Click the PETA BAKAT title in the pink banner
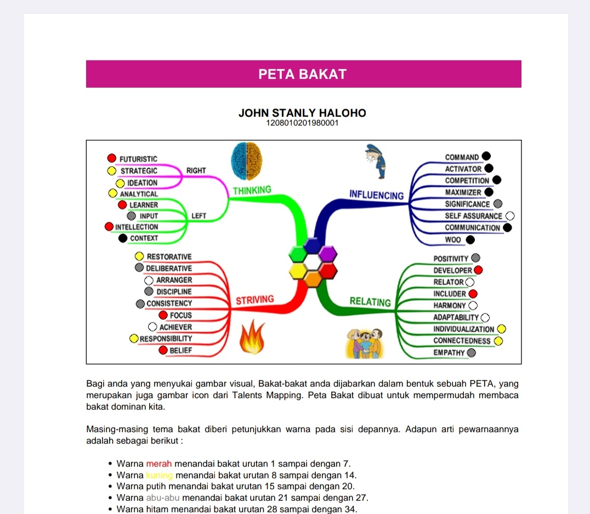pyautogui.click(x=303, y=74)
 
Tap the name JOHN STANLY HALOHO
pyautogui.click(x=302, y=113)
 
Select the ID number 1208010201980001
pyautogui.click(x=302, y=123)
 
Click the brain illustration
pyautogui.click(x=246, y=160)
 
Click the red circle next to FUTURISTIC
pyautogui.click(x=112, y=159)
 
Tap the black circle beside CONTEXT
pyautogui.click(x=123, y=238)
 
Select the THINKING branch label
pyautogui.click(x=252, y=190)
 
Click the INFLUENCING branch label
pyautogui.click(x=376, y=194)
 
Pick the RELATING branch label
pyautogui.click(x=370, y=301)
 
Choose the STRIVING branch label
pyautogui.click(x=254, y=300)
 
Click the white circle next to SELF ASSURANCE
pyautogui.click(x=510, y=216)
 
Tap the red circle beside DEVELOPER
pyautogui.click(x=478, y=270)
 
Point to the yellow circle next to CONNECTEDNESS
pyautogui.click(x=498, y=341)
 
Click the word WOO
pyautogui.click(x=453, y=240)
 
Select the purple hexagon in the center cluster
pyautogui.click(x=327, y=254)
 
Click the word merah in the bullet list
pyautogui.click(x=159, y=464)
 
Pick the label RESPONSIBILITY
pyautogui.click(x=166, y=338)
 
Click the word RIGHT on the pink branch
pyautogui.click(x=196, y=171)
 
